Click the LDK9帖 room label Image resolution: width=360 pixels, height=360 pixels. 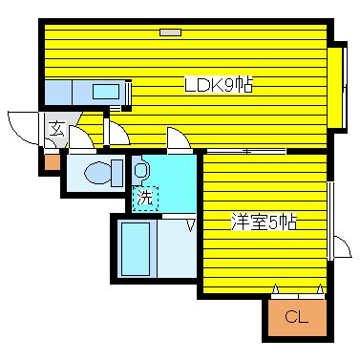pos(218,85)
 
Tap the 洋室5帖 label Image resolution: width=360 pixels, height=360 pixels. pos(263,222)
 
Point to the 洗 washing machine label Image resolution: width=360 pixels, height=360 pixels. pos(143,199)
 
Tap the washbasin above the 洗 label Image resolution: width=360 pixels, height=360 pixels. pos(141,171)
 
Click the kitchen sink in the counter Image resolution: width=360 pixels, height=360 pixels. pos(101,93)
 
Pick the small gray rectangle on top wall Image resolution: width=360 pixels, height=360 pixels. pos(169,32)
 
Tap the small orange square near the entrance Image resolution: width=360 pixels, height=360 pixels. pos(51,161)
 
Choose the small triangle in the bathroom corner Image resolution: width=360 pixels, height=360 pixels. pos(191,226)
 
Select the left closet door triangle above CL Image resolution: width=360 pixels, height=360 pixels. pos(276,289)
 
